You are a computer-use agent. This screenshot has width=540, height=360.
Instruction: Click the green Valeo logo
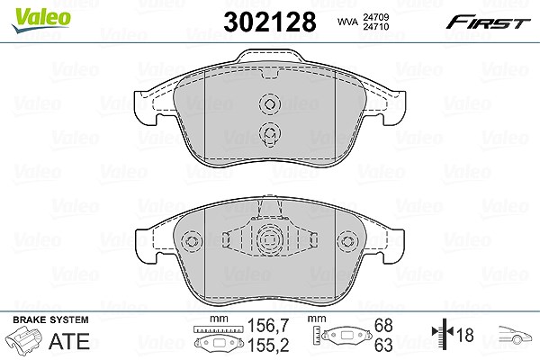pyautogui.click(x=40, y=20)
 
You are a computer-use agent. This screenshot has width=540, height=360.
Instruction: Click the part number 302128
pyautogui.click(x=270, y=22)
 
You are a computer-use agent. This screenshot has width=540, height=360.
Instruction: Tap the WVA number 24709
pyautogui.click(x=375, y=17)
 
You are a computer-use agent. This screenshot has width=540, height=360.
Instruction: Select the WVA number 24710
pyautogui.click(x=375, y=26)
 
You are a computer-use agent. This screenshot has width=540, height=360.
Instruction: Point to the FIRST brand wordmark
pyautogui.click(x=488, y=22)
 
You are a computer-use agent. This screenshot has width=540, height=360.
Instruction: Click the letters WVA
pyautogui.click(x=347, y=22)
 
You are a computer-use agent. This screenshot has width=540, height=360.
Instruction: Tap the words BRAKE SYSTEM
pyautogui.click(x=50, y=319)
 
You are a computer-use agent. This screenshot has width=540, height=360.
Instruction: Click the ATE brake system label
pyautogui.click(x=69, y=341)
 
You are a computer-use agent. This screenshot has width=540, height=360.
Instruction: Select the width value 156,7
pyautogui.click(x=268, y=326)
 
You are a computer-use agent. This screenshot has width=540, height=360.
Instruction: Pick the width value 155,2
pyautogui.click(x=268, y=345)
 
